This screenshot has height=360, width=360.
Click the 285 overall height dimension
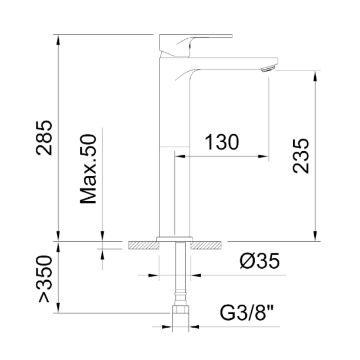point(44,138)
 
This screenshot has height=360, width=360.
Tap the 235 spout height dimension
point(301,155)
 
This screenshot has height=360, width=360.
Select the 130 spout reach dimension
point(222,142)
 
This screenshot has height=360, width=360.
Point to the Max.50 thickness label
point(88,169)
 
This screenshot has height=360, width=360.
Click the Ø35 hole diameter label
point(259,261)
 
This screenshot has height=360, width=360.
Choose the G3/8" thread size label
point(247,313)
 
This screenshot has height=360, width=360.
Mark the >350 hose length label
point(44,278)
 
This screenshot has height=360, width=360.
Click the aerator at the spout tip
point(268,68)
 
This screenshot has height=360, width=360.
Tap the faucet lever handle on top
point(196,45)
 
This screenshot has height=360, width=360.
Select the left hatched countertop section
point(144,245)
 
